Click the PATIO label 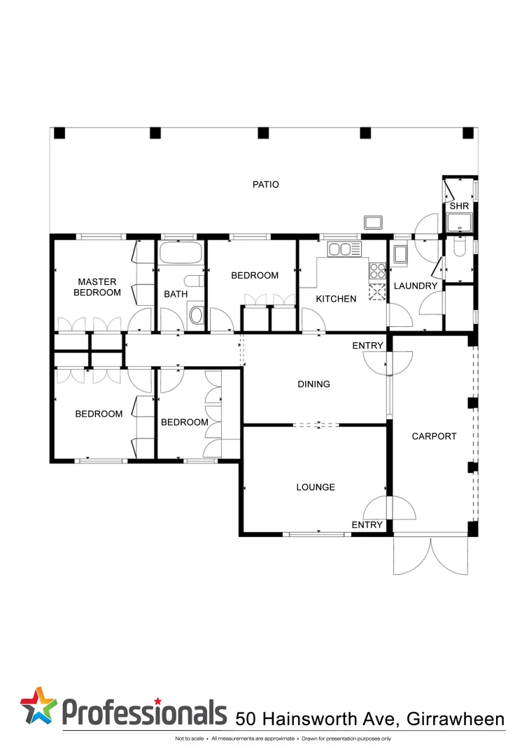click(265, 185)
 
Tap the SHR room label click(459, 206)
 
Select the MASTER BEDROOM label click(97, 287)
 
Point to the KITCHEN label click(336, 299)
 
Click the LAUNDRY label click(415, 286)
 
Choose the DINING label click(313, 384)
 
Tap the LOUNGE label click(316, 487)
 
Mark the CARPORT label click(434, 436)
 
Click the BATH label click(176, 294)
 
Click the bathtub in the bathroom click(181, 253)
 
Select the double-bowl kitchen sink click(344, 248)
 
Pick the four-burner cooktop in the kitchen click(378, 270)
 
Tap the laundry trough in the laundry click(401, 255)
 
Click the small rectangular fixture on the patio click(372, 223)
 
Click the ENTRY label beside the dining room click(367, 346)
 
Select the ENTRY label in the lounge click(367, 525)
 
